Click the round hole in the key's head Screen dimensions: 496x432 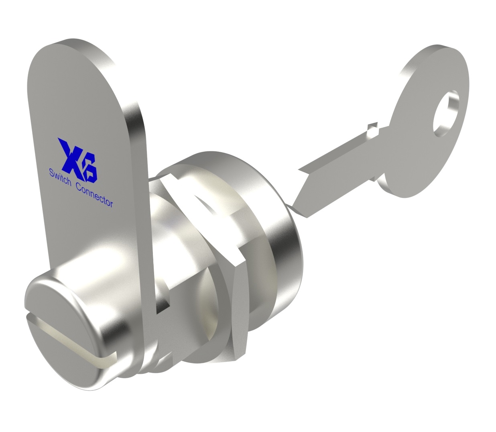(x=445, y=113)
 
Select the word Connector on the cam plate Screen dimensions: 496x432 (x=94, y=198)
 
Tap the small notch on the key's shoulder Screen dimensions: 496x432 (x=373, y=129)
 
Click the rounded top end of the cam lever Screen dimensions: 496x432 (x=70, y=49)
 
